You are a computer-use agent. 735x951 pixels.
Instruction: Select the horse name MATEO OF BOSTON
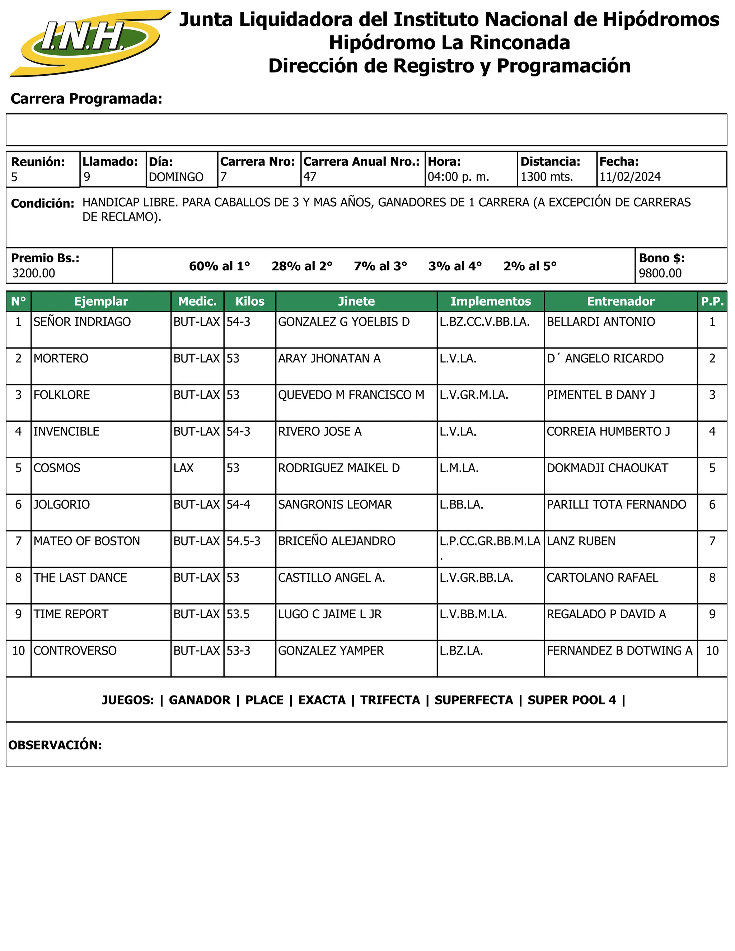click(86, 541)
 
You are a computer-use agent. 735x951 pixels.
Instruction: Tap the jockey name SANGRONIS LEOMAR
click(335, 505)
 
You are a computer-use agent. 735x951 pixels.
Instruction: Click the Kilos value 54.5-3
click(243, 541)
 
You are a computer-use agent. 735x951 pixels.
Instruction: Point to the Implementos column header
click(490, 301)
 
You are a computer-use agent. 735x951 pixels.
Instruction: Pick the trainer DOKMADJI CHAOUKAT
click(607, 468)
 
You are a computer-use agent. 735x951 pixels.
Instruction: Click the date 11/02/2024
click(629, 177)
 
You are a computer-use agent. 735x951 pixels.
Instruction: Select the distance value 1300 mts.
click(547, 177)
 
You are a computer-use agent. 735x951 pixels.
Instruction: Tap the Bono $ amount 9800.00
click(660, 273)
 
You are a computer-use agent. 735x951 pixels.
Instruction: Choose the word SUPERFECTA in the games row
click(473, 700)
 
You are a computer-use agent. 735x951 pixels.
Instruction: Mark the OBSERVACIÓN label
click(55, 745)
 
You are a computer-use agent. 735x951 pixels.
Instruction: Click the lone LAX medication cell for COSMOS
click(183, 468)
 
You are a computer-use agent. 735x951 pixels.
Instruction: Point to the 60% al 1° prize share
click(219, 266)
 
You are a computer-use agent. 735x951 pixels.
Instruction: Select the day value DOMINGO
click(176, 177)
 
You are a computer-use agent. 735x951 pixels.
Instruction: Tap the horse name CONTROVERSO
click(75, 651)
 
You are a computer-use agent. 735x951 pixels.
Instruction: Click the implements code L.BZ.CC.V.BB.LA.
click(484, 322)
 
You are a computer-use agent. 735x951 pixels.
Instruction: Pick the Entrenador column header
click(621, 301)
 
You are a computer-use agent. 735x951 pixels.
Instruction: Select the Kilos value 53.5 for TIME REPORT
click(238, 614)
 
